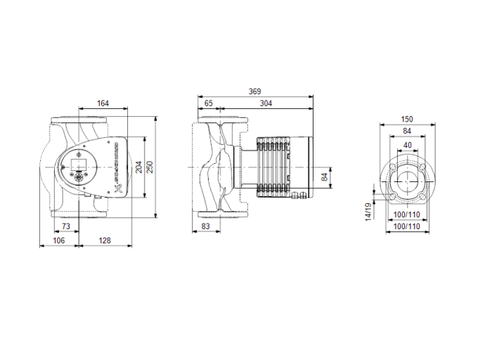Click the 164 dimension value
tap(103, 103)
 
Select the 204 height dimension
tap(138, 167)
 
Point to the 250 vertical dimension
tap(148, 167)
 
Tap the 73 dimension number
tap(65, 226)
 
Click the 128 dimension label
tap(104, 240)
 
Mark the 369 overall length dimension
tap(256, 91)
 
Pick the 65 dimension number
tap(209, 103)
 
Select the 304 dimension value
tap(266, 103)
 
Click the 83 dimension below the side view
tap(206, 226)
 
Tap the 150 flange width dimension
tap(407, 119)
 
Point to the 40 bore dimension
tap(407, 145)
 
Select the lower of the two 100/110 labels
tap(407, 226)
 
